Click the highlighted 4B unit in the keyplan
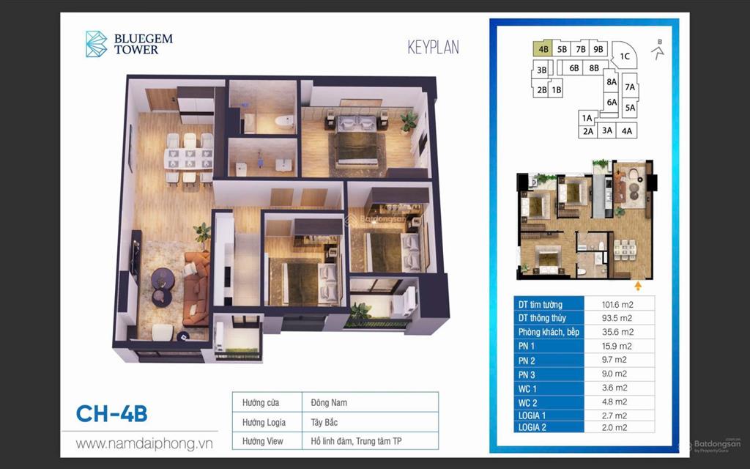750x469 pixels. tap(543, 49)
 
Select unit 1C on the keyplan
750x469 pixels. tap(625, 56)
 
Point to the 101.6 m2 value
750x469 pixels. tap(617, 304)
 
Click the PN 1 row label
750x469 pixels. tap(527, 346)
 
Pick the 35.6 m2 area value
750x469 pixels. tap(617, 332)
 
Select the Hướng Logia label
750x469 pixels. tap(259, 422)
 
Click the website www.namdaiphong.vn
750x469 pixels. tap(144, 444)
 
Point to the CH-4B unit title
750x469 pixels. tap(112, 413)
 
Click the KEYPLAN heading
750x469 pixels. tap(434, 48)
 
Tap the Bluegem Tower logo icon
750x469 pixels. tap(96, 44)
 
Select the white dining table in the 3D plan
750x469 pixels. tap(187, 157)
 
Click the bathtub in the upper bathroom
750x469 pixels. tap(282, 120)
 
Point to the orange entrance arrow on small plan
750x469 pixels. tap(638, 285)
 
